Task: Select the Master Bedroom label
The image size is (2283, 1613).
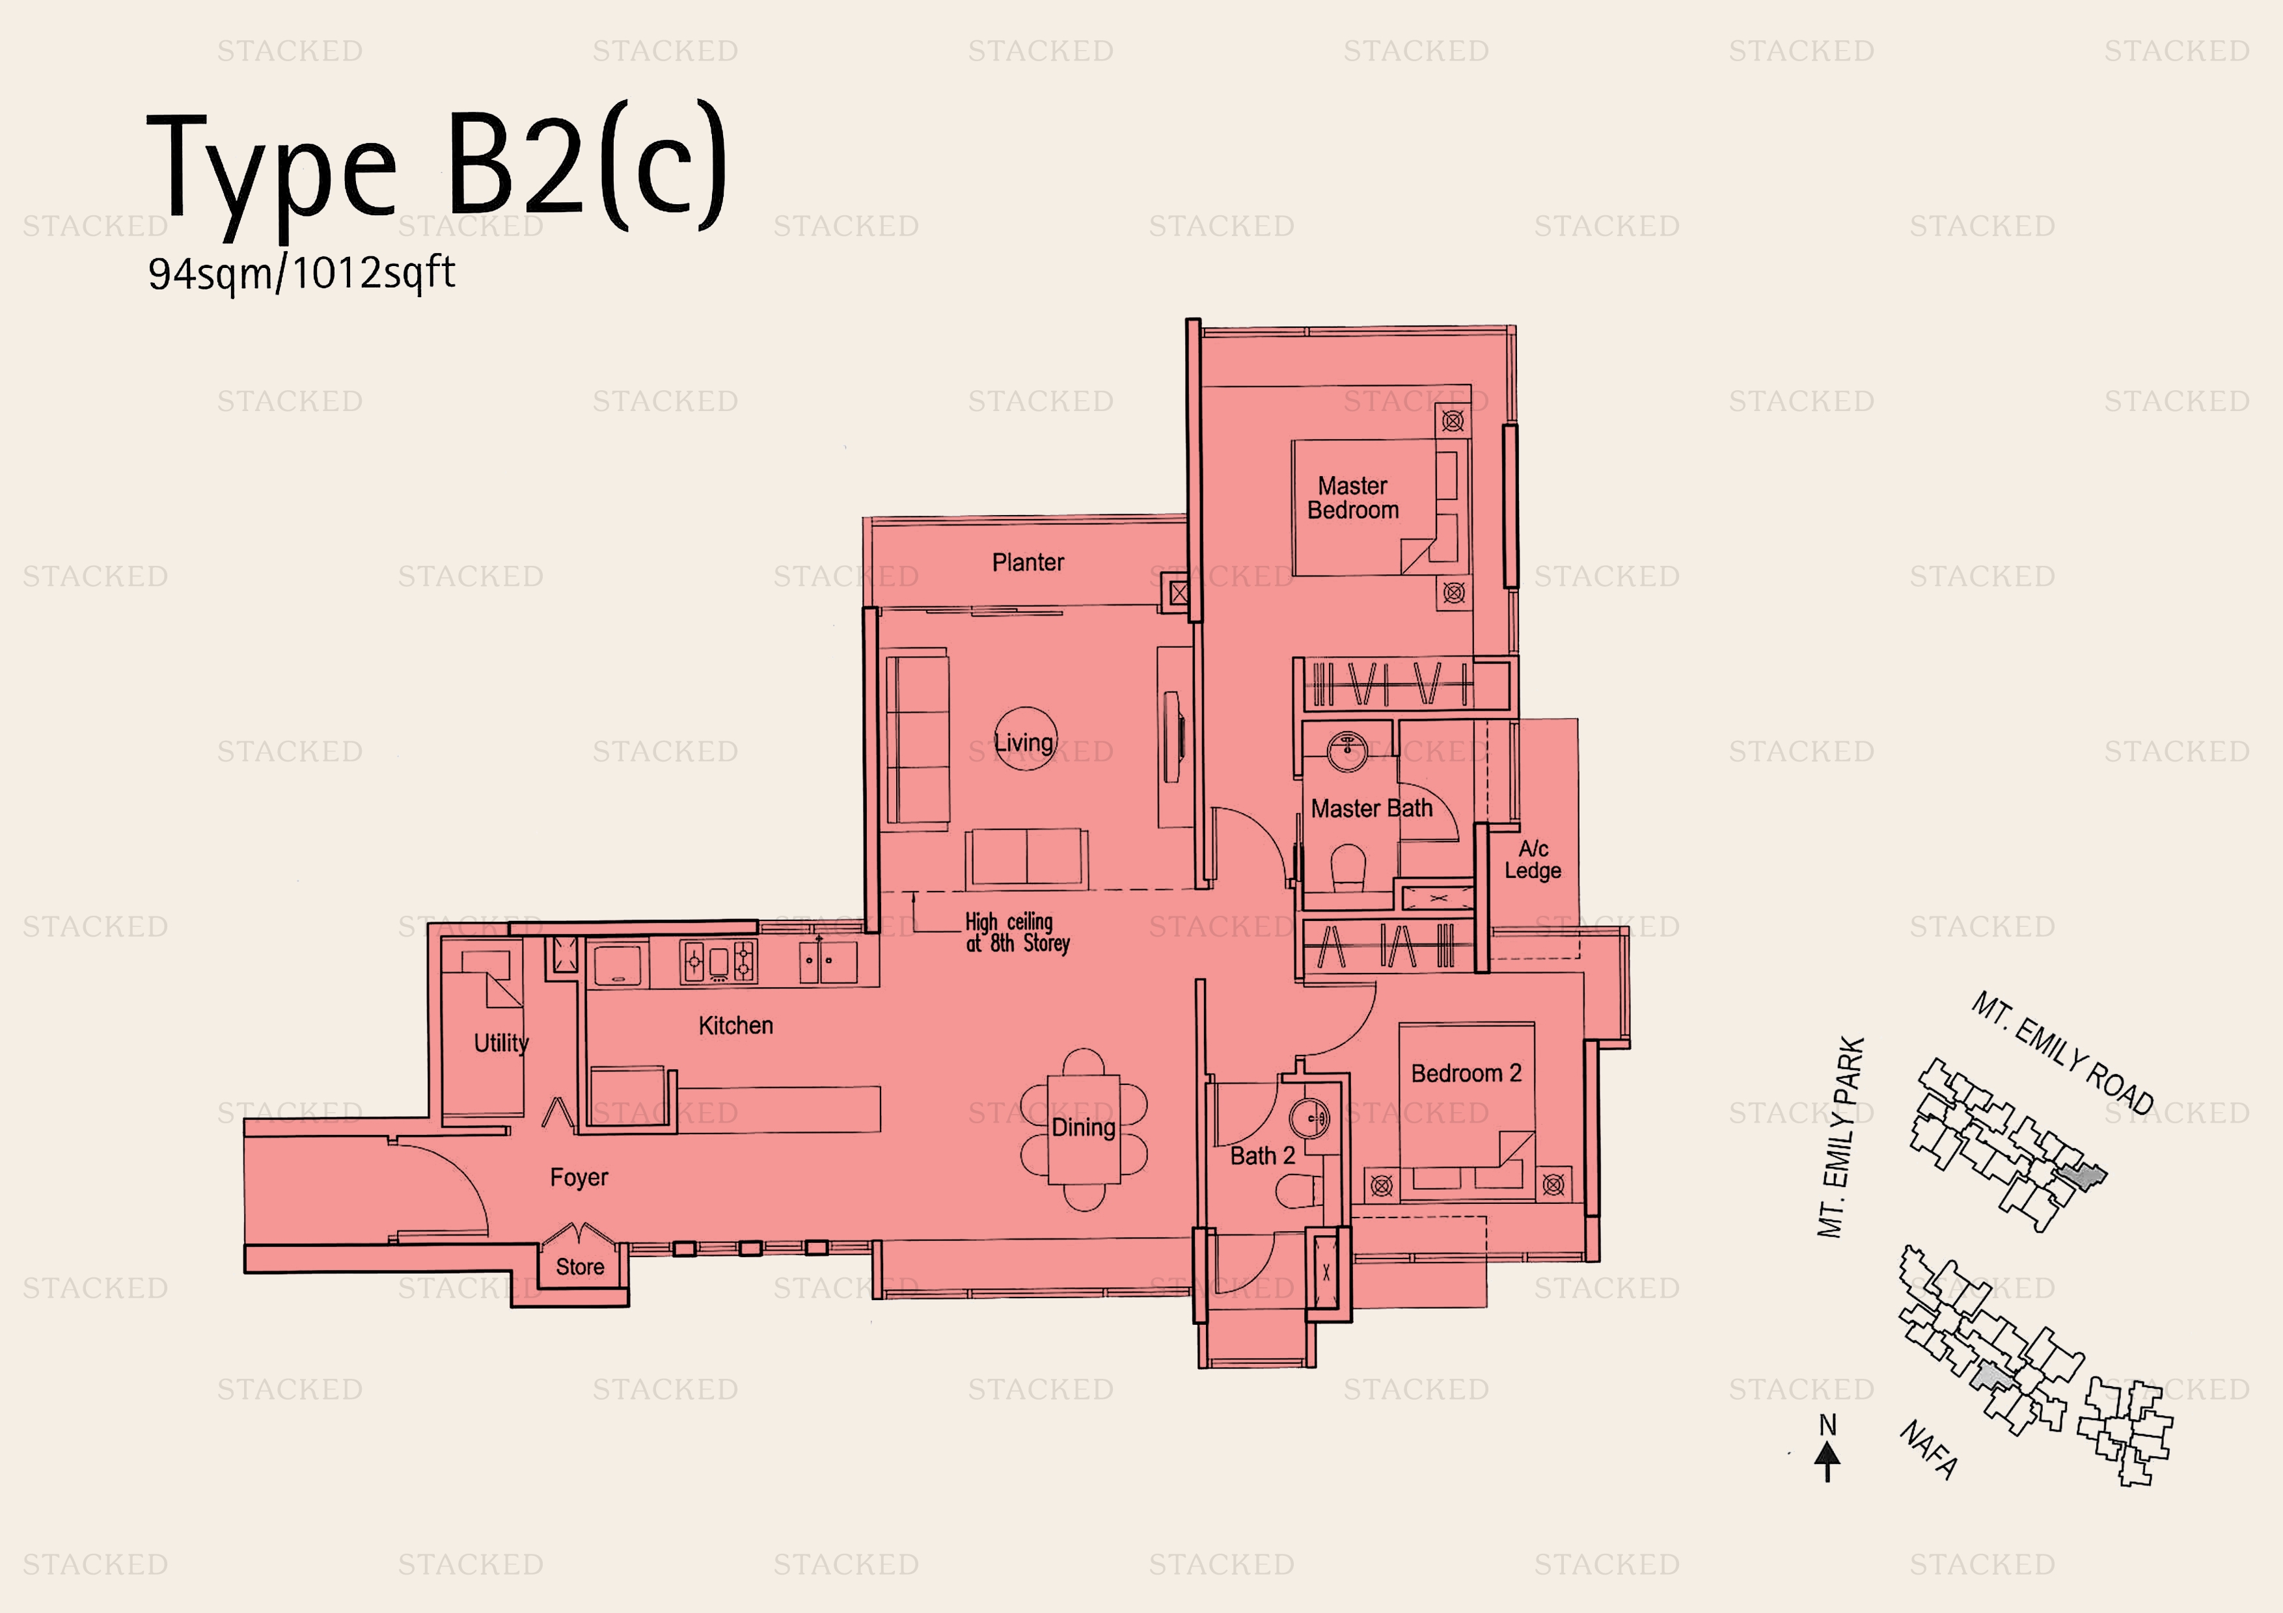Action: pyautogui.click(x=1352, y=498)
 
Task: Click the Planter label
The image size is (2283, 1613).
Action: pyautogui.click(x=1027, y=563)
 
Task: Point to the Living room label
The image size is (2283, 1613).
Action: pyautogui.click(x=1023, y=742)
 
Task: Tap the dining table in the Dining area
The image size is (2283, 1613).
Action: pyautogui.click(x=1083, y=1129)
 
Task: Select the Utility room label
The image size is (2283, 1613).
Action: pyautogui.click(x=500, y=1043)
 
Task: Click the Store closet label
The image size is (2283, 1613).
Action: pyautogui.click(x=580, y=1266)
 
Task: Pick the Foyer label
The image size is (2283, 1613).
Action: pyautogui.click(x=579, y=1178)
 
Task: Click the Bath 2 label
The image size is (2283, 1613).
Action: pyautogui.click(x=1262, y=1156)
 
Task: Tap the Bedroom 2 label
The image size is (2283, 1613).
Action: pyautogui.click(x=1466, y=1073)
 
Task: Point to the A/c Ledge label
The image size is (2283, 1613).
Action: pyautogui.click(x=1532, y=860)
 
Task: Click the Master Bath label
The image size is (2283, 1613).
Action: pyautogui.click(x=1371, y=809)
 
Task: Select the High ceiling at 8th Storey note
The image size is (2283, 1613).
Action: pyautogui.click(x=1016, y=932)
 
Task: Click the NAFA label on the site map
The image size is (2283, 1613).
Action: pyautogui.click(x=1929, y=1450)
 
